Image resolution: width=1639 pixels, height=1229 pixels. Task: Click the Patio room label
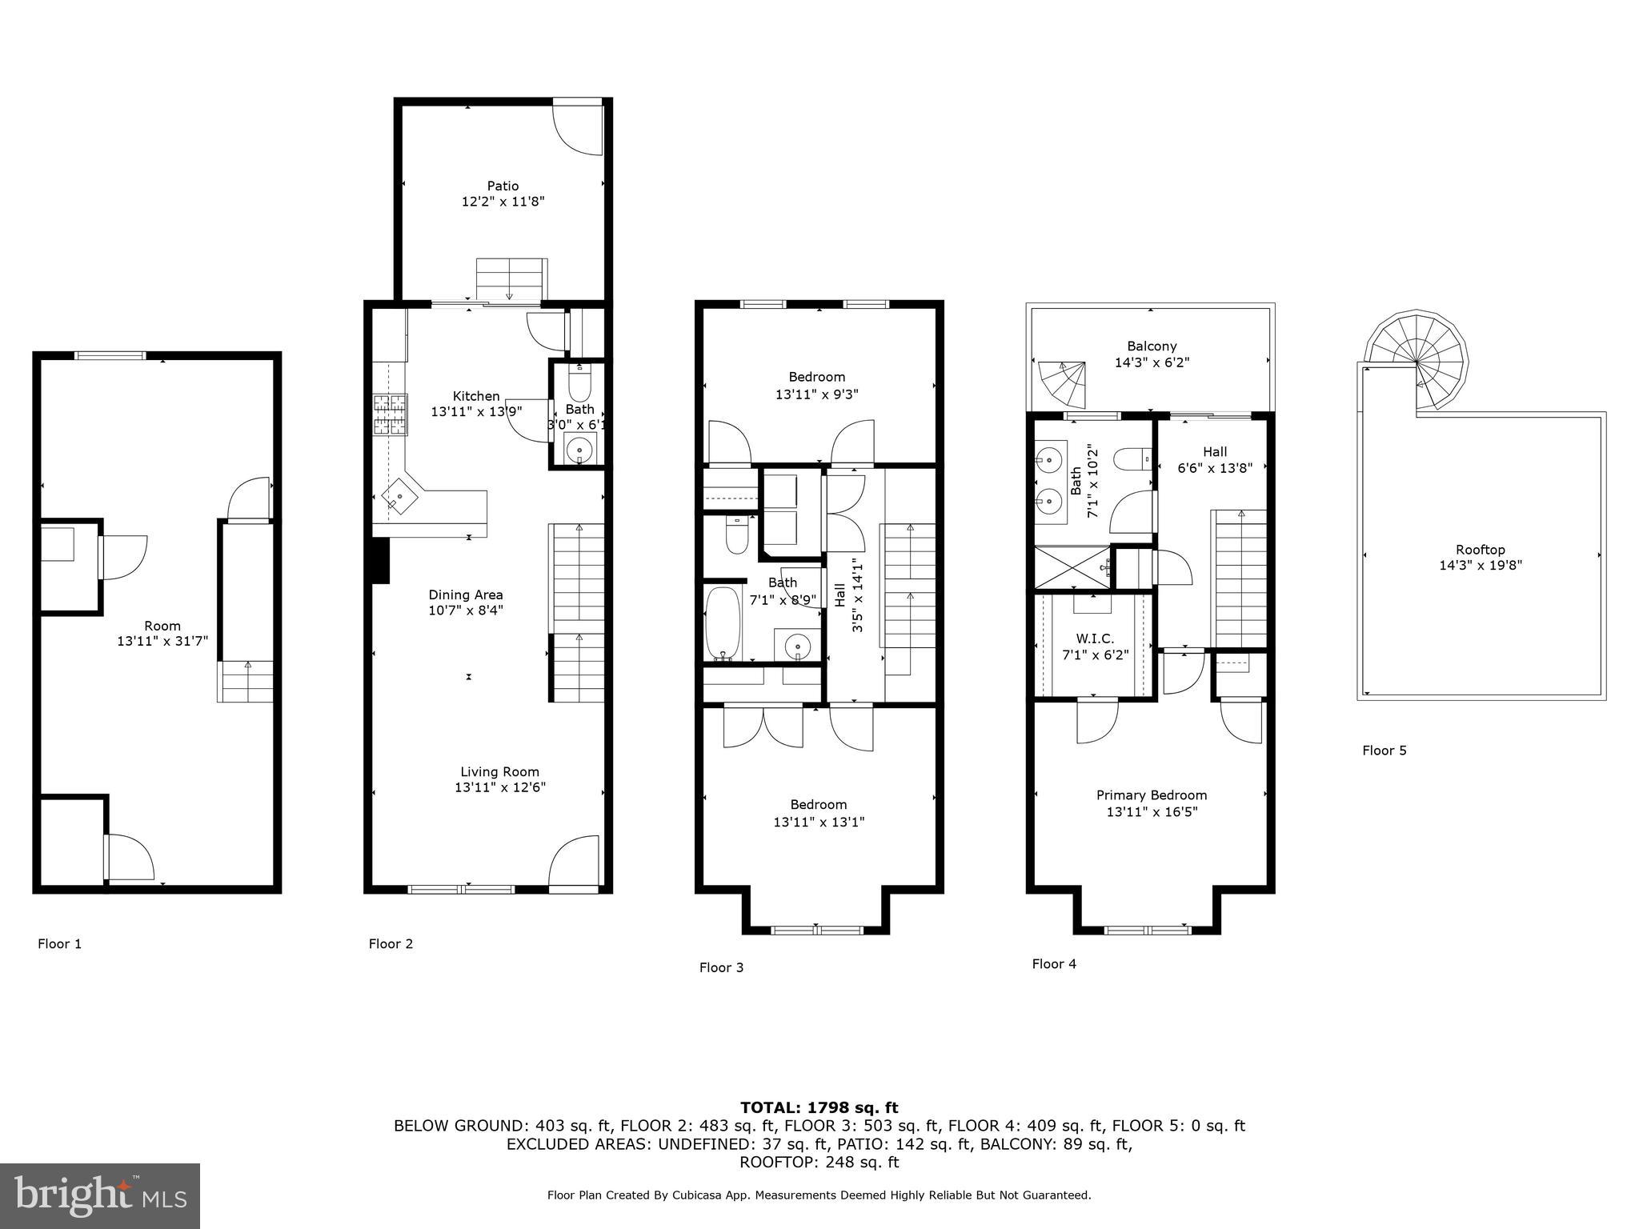[503, 186]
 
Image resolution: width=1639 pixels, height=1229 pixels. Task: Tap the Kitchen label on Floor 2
[476, 396]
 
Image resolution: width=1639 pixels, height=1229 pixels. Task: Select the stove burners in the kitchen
[390, 415]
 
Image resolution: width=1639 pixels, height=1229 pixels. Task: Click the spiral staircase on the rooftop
[1417, 362]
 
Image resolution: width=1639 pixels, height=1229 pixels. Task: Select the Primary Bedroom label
[1151, 795]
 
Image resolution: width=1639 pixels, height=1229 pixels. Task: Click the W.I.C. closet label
[1094, 639]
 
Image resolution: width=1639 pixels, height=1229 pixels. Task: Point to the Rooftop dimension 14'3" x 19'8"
[1480, 565]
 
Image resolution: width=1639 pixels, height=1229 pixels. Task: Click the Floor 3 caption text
[721, 967]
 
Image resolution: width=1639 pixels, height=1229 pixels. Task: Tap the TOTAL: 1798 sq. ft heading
[819, 1107]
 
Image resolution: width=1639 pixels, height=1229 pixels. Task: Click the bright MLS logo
[100, 1195]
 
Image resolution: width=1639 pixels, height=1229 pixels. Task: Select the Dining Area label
[466, 594]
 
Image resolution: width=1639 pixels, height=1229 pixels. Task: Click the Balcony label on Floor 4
[1152, 346]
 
